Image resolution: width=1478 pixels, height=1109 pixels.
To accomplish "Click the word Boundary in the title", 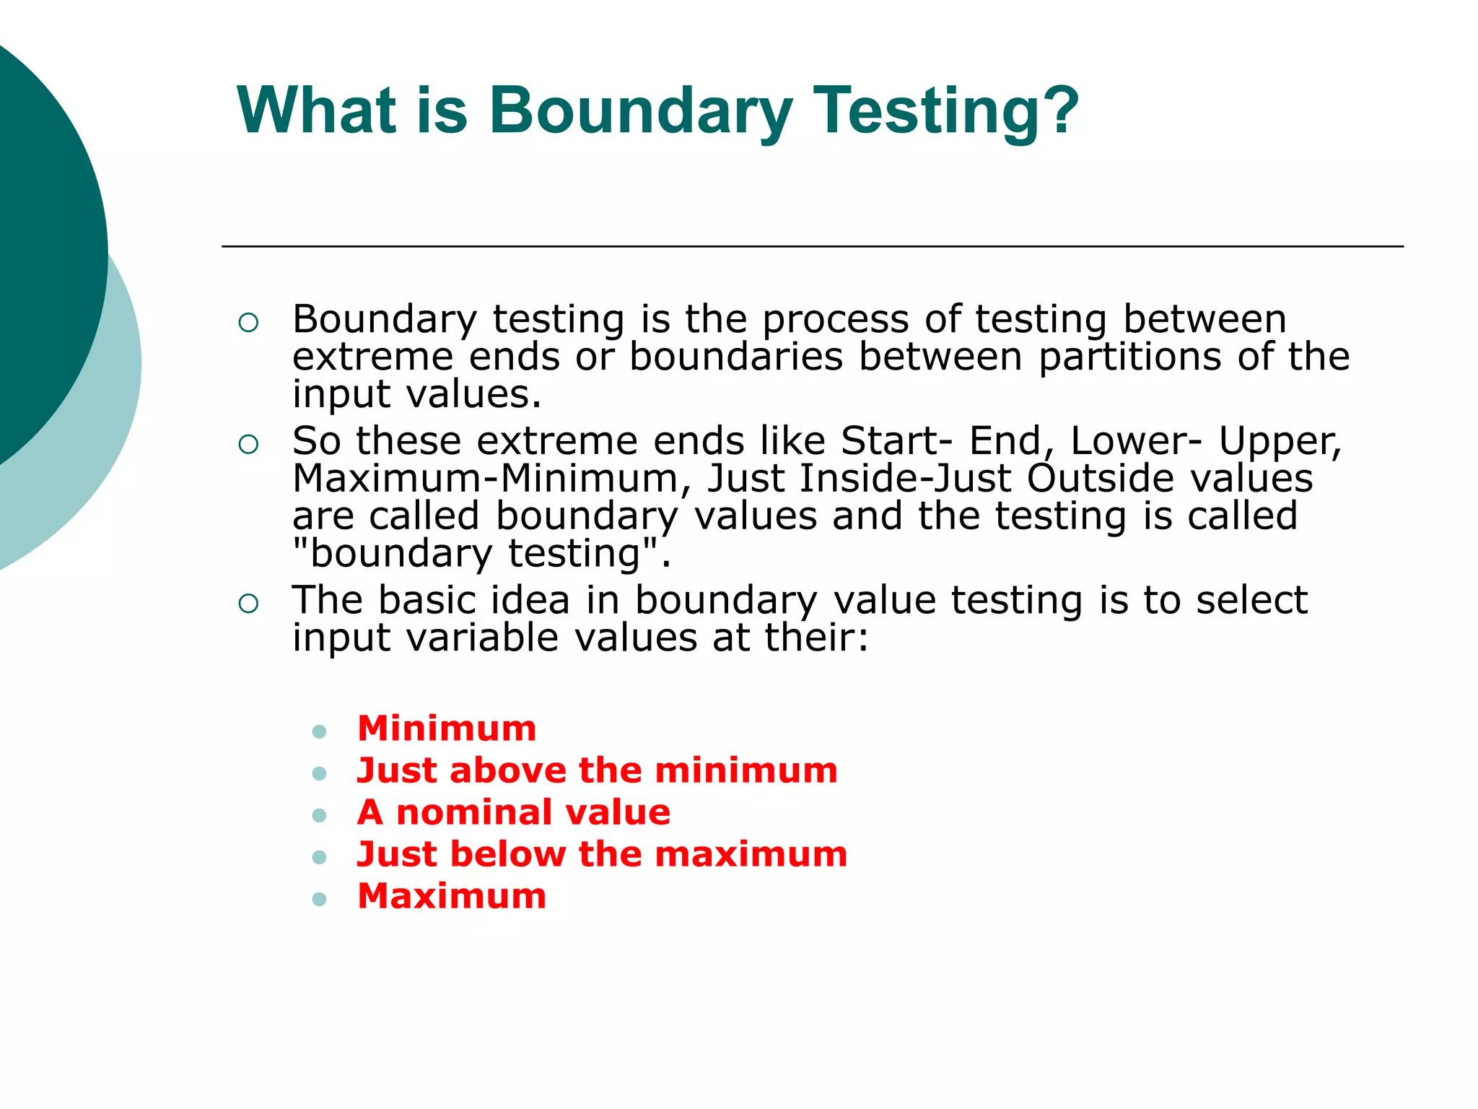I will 641,112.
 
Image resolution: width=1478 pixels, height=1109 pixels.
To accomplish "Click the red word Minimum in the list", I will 447,728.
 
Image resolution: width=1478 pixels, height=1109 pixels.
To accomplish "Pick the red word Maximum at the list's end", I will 452,896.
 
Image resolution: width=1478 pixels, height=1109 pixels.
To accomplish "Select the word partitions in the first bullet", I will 1130,357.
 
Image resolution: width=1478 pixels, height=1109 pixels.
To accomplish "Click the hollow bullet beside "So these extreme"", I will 248,444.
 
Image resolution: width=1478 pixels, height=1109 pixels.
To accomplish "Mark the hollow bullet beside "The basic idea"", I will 248,604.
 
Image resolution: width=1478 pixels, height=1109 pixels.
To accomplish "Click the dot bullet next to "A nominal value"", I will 320,816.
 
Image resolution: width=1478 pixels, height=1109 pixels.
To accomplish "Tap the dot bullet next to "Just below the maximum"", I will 320,858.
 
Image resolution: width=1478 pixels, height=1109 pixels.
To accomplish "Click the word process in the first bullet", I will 836,320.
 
